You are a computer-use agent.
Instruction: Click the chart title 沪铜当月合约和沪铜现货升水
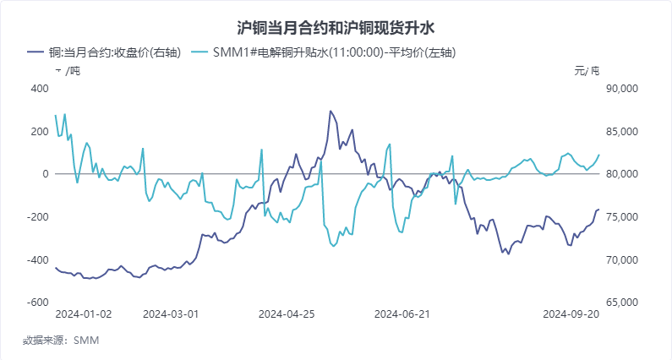[336, 29]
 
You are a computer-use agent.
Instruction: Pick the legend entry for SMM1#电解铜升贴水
[337, 53]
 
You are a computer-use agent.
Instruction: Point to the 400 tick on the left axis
[40, 89]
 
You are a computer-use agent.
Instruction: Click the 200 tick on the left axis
[40, 131]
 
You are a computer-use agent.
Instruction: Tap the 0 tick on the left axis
[46, 174]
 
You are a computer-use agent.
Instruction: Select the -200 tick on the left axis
[38, 217]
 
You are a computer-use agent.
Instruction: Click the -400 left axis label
[38, 259]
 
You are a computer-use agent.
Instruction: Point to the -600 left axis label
[38, 303]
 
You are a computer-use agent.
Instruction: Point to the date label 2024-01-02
[84, 314]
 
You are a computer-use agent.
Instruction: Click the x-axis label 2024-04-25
[287, 314]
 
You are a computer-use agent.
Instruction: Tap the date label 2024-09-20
[571, 314]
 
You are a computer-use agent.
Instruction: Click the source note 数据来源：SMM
[62, 341]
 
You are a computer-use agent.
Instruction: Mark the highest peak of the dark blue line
[331, 111]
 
